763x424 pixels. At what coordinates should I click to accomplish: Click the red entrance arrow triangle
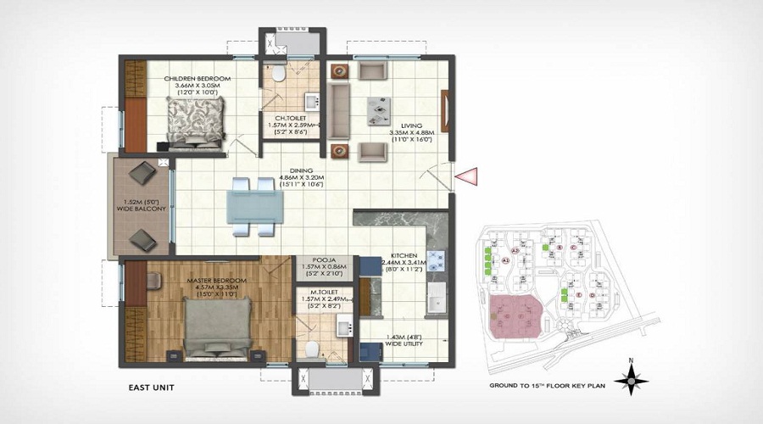pos(466,176)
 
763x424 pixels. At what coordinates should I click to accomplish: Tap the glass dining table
pos(254,206)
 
